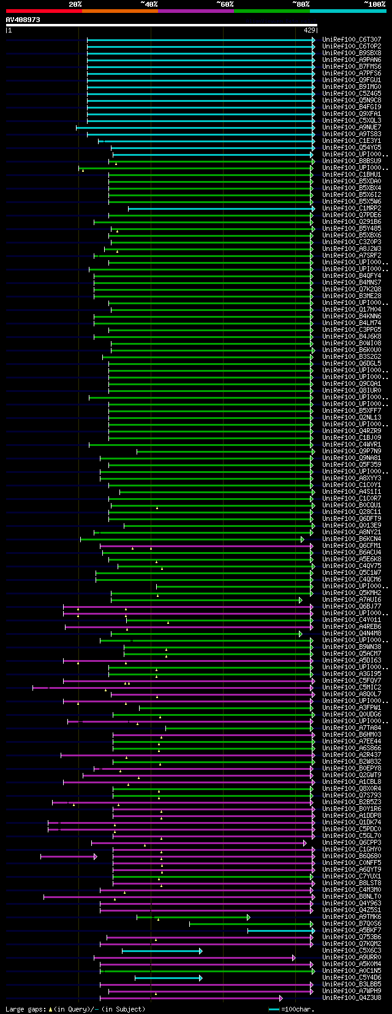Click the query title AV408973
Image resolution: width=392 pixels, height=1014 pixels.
pyautogui.click(x=23, y=20)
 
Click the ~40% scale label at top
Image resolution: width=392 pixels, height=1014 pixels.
pyautogui.click(x=149, y=4)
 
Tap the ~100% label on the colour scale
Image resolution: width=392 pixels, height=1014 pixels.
pyautogui.click(x=375, y=4)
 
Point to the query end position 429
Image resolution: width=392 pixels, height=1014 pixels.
pyautogui.click(x=309, y=30)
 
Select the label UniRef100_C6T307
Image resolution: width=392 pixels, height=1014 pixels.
pyautogui.click(x=352, y=40)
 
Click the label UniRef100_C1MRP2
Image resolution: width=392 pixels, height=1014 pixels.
pyautogui.click(x=352, y=209)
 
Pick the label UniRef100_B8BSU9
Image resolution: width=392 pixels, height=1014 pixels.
pyautogui.click(x=352, y=161)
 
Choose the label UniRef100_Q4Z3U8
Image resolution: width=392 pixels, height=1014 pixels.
pyautogui.click(x=352, y=998)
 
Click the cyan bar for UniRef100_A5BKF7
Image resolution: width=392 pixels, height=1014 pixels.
pyautogui.click(x=280, y=931)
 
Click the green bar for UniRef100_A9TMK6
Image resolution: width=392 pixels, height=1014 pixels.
pyautogui.click(x=192, y=917)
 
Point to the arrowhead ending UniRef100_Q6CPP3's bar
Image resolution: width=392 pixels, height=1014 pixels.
pyautogui.click(x=304, y=843)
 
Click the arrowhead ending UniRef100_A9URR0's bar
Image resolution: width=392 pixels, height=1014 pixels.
pyautogui.click(x=294, y=958)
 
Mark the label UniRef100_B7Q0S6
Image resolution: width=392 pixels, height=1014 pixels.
pyautogui.click(x=352, y=924)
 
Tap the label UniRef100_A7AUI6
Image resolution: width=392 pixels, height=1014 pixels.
pyautogui.click(x=352, y=600)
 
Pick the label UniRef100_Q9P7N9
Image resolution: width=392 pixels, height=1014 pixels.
pyautogui.click(x=352, y=451)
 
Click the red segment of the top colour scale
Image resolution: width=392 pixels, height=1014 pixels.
pyautogui.click(x=43, y=11)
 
